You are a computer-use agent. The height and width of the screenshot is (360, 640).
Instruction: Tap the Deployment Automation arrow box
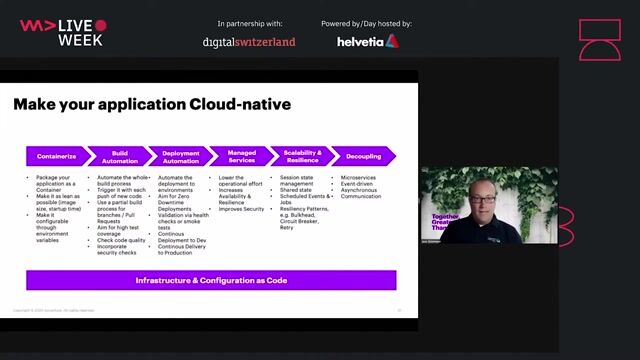[180, 156]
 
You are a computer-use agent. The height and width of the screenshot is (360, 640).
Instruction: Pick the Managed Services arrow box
[240, 156]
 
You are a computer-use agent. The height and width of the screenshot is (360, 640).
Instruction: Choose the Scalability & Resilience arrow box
[301, 156]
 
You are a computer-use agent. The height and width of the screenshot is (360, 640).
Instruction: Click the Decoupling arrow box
[362, 156]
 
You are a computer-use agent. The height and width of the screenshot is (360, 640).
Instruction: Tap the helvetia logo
[367, 41]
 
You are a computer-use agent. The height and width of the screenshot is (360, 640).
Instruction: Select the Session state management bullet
[297, 180]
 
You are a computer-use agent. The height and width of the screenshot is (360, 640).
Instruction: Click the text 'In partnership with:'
[249, 23]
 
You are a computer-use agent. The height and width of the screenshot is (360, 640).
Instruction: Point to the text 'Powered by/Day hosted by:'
[366, 23]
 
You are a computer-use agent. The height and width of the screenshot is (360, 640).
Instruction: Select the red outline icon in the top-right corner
[600, 40]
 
